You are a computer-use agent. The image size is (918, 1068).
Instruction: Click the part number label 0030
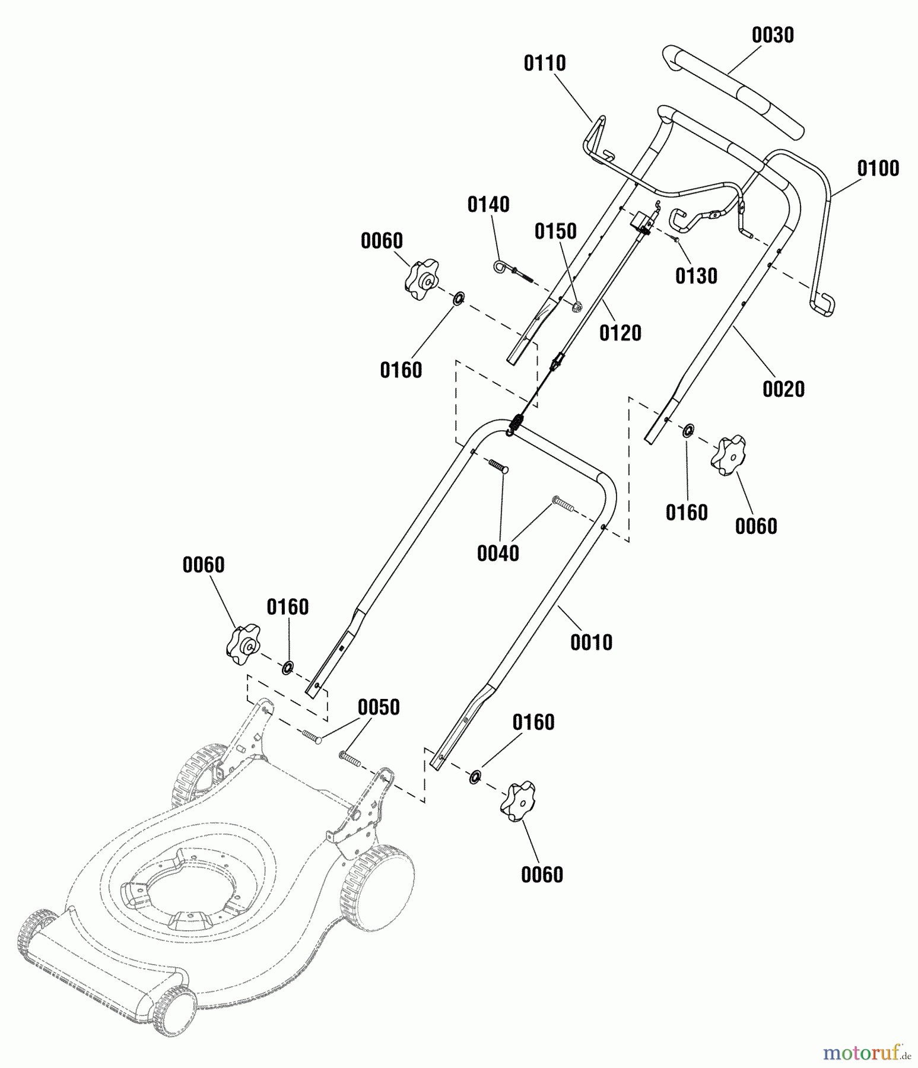[772, 36]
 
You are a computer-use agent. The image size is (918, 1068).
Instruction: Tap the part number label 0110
[544, 63]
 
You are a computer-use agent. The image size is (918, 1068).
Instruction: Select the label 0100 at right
[878, 169]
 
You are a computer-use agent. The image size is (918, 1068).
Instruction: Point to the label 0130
[696, 276]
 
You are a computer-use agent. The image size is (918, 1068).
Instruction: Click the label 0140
[488, 205]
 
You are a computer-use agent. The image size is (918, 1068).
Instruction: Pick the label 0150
[555, 231]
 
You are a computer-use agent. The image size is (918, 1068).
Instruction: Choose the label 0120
[620, 333]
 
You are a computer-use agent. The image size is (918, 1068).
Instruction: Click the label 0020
[783, 390]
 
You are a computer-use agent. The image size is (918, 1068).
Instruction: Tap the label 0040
[498, 554]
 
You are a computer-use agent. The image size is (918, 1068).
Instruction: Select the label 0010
[591, 643]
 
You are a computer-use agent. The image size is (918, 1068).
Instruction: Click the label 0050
[379, 707]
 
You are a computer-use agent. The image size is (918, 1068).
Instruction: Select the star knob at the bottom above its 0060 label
[519, 801]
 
